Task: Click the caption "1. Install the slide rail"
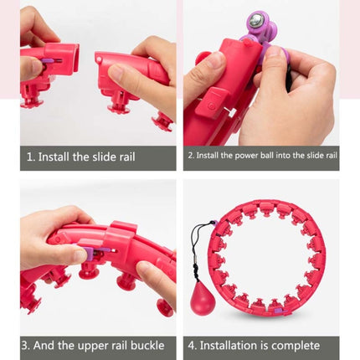coord(97,157)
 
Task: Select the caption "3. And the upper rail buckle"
coord(97,345)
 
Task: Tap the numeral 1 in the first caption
coord(30,157)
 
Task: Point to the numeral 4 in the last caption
coord(193,345)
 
